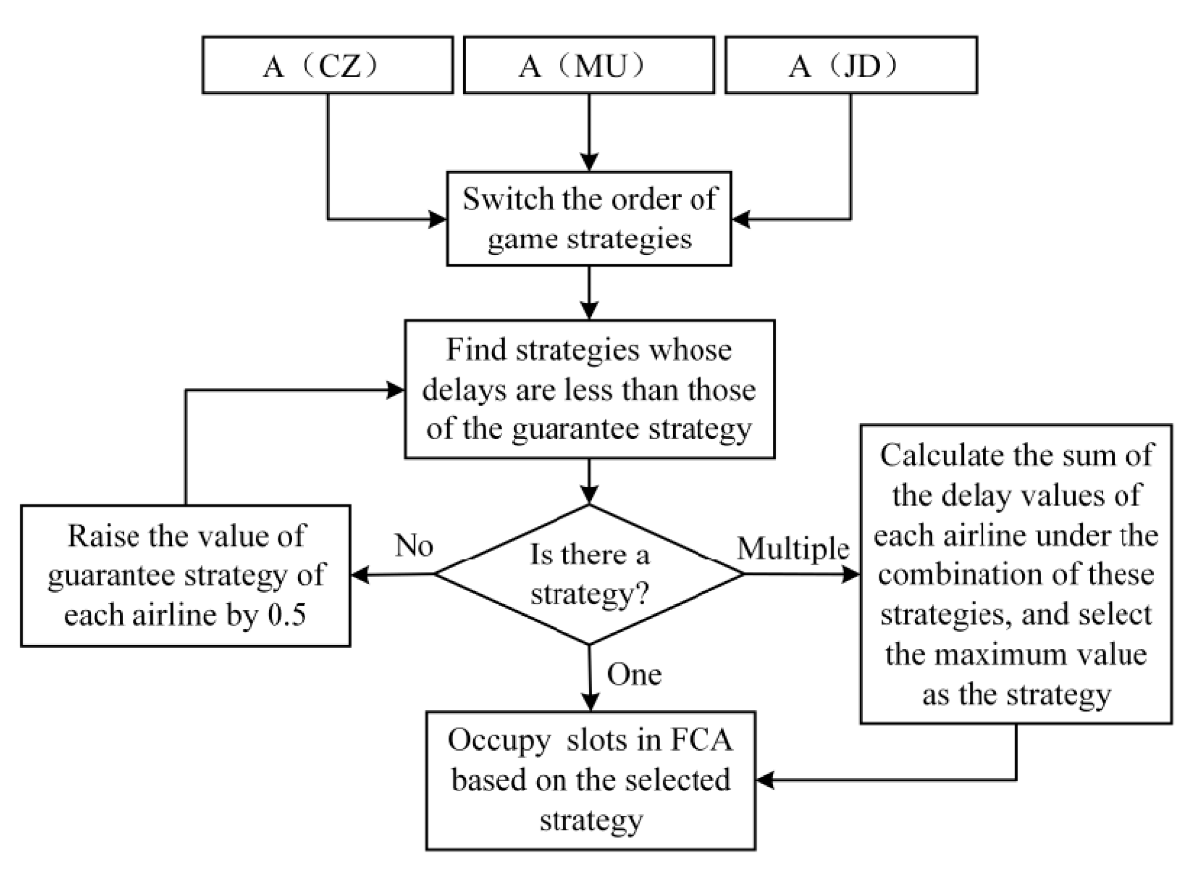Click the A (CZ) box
327,66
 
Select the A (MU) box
588,66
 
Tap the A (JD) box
851,66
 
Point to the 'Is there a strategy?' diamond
589,575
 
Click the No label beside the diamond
414,546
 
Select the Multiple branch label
793,549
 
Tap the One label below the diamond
634,675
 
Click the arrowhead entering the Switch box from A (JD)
740,219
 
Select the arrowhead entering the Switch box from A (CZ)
438,219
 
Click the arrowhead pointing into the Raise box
360,575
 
